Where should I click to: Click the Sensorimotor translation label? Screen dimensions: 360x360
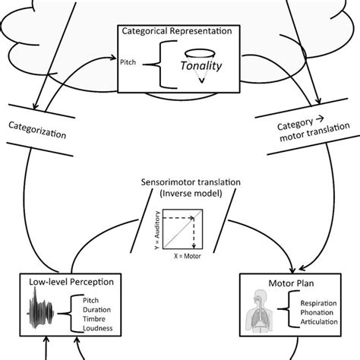tap(180, 184)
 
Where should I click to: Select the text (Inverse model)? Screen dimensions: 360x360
tap(180, 196)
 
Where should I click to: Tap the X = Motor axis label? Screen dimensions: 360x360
tap(187, 257)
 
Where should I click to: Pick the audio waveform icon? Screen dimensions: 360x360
tap(43, 313)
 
